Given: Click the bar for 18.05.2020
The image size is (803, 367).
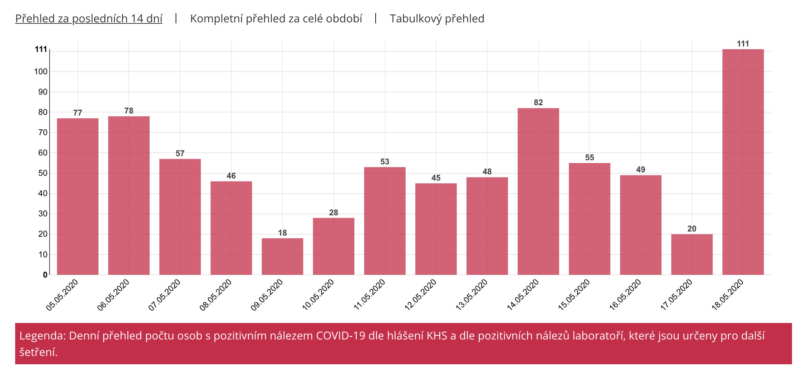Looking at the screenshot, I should pyautogui.click(x=743, y=162).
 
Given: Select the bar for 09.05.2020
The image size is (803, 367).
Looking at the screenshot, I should pyautogui.click(x=282, y=256).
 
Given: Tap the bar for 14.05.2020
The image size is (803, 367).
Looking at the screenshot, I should pyautogui.click(x=538, y=191).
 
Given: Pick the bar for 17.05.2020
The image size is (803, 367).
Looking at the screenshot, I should pyautogui.click(x=692, y=254).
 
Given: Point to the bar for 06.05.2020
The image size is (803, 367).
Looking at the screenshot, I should pyautogui.click(x=129, y=195).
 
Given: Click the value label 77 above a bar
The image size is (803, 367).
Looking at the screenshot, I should pyautogui.click(x=78, y=113).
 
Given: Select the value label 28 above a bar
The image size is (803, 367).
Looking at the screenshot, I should pyautogui.click(x=334, y=213).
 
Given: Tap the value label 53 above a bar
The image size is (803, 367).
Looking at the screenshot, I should pyautogui.click(x=385, y=162).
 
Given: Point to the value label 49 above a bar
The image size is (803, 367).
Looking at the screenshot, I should pyautogui.click(x=640, y=170).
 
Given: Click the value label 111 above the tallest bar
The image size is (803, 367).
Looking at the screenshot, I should pyautogui.click(x=743, y=44).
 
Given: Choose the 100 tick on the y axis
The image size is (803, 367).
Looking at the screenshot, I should pyautogui.click(x=41, y=72).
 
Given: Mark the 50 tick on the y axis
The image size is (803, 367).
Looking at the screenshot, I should pyautogui.click(x=43, y=173).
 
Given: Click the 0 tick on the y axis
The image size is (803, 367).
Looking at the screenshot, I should pyautogui.click(x=45, y=275).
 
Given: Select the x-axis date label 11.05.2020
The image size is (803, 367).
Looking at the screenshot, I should pyautogui.click(x=369, y=295).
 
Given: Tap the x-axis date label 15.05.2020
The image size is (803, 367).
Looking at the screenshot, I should pyautogui.click(x=574, y=295).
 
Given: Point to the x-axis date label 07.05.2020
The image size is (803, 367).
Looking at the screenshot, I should pyautogui.click(x=165, y=295).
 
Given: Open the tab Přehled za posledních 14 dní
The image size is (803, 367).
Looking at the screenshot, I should pyautogui.click(x=89, y=19).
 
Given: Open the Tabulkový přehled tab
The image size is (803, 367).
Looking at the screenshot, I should pyautogui.click(x=437, y=19).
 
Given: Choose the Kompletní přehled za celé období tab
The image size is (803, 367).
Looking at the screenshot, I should pyautogui.click(x=276, y=19).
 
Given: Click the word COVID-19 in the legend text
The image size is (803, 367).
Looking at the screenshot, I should pyautogui.click(x=341, y=336).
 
